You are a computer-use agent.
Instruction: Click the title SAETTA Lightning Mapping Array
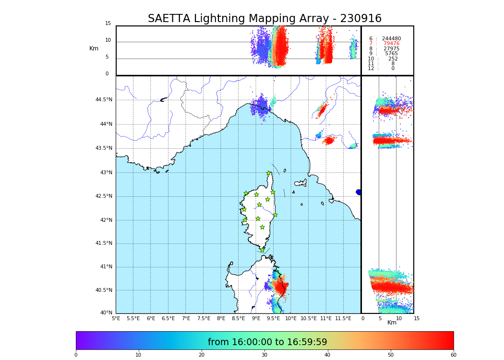tap(264, 19)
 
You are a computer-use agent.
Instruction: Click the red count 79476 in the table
tap(391, 44)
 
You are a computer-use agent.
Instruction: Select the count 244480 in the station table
tap(391, 39)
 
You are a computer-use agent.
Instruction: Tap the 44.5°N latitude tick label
tap(104, 100)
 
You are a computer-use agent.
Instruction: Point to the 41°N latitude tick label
tap(106, 267)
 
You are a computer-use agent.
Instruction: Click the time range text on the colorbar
tap(267, 342)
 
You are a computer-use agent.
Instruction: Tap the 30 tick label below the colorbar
tap(264, 355)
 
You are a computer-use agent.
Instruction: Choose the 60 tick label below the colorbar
tap(454, 355)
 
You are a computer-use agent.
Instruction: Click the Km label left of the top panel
tap(94, 48)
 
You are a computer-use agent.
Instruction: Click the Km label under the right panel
tap(392, 323)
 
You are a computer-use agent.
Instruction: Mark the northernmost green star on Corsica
tap(269, 173)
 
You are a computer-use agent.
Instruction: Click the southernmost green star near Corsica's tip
tap(263, 250)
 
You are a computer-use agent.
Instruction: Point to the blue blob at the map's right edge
tap(359, 192)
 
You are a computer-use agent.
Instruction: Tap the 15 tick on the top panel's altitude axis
tap(108, 24)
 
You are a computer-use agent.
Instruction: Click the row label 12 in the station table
tap(371, 69)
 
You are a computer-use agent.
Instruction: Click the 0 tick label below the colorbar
tap(76, 355)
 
